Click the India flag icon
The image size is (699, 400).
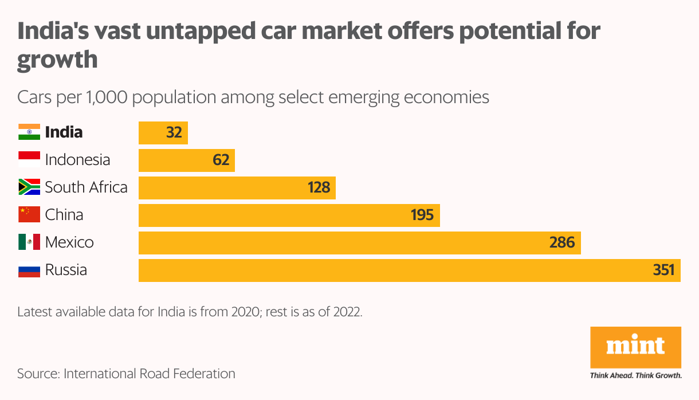[x=29, y=132]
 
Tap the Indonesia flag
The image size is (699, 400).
[x=29, y=160]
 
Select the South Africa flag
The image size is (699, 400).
[x=29, y=187]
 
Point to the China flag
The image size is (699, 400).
[x=29, y=215]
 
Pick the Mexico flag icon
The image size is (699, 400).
[x=29, y=242]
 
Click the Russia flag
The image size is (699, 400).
[x=29, y=270]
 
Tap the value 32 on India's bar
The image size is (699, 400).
[x=174, y=133]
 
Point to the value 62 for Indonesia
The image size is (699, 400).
[x=221, y=160]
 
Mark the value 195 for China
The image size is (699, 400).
[x=422, y=215]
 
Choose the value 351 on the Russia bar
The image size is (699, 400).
[x=664, y=270]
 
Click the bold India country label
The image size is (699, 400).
[x=64, y=132]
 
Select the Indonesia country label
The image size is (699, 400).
[x=77, y=160]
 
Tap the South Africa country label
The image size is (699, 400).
[x=86, y=187]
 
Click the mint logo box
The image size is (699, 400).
[x=635, y=348]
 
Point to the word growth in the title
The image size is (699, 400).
[x=57, y=59]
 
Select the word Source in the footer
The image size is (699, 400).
[x=37, y=374]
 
